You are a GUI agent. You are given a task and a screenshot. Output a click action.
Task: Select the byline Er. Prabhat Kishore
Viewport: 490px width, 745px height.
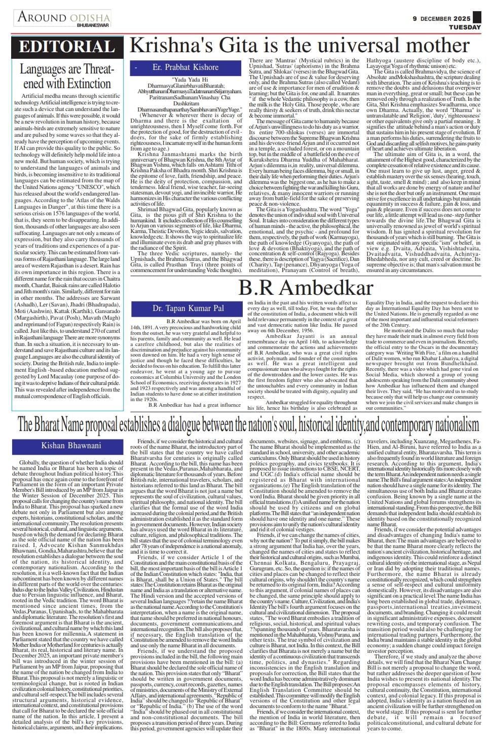pyautogui.click(x=185, y=67)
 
